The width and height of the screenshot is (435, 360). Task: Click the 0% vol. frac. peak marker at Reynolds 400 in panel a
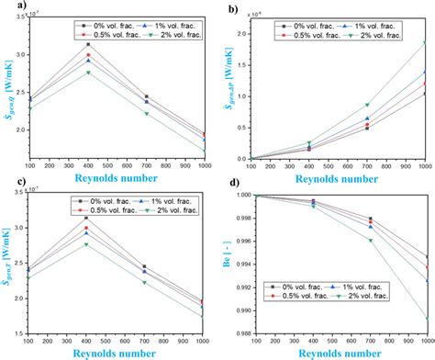tap(114, 44)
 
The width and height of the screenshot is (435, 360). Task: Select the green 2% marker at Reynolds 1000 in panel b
tap(423, 42)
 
